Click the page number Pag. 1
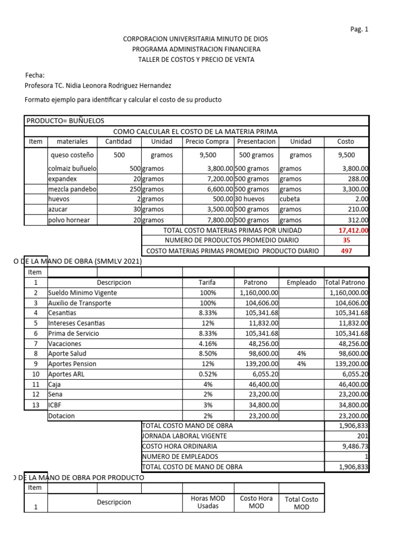click(359, 29)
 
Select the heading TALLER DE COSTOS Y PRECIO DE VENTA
click(196, 59)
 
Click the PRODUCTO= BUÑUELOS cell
click(66, 121)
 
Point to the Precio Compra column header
click(207, 142)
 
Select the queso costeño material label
click(72, 155)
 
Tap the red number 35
click(346, 240)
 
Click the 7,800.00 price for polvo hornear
click(220, 220)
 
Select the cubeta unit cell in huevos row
click(290, 200)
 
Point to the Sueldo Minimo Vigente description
click(82, 293)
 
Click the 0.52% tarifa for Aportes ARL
click(208, 374)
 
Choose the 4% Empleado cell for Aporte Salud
click(301, 354)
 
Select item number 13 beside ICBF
click(36, 404)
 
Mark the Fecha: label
click(35, 75)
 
